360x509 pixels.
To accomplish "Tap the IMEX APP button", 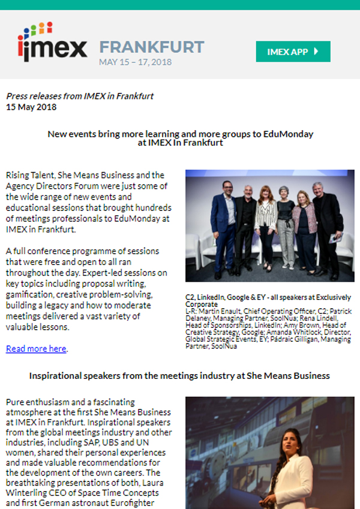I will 293,52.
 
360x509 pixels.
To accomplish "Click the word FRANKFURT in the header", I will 152,47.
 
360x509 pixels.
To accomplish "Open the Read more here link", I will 36,348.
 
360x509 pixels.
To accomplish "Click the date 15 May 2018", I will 31,107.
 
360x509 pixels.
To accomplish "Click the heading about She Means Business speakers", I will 179,375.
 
